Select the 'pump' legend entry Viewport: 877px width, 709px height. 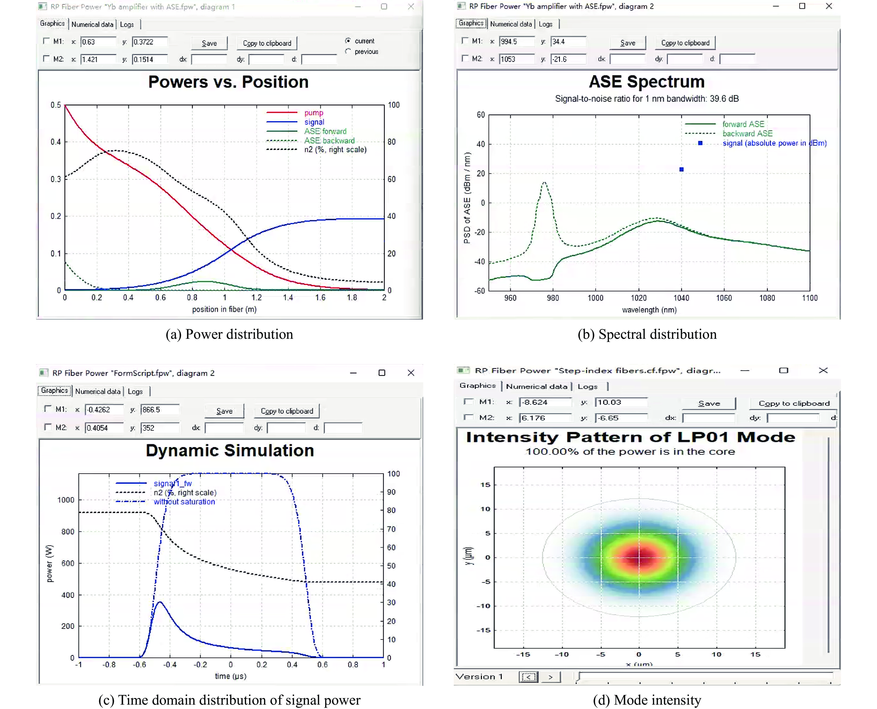pos(313,113)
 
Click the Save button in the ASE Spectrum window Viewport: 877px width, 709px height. pos(627,43)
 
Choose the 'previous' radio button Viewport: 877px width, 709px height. pos(348,52)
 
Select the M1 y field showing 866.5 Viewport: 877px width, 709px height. pos(159,410)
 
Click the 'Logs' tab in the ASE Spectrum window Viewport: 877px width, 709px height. pos(545,24)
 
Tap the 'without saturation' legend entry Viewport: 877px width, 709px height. pos(184,502)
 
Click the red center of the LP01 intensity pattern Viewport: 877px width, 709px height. pos(639,557)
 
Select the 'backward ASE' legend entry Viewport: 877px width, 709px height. pos(747,134)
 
